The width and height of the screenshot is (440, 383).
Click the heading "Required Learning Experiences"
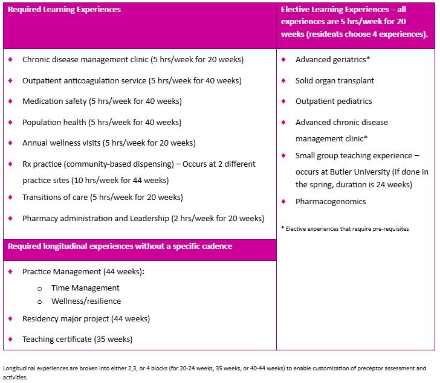tap(64, 10)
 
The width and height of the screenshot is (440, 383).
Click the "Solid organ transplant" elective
tap(334, 80)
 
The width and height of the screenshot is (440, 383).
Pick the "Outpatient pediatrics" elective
tap(334, 101)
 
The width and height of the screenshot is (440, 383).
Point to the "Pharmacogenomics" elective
tap(331, 201)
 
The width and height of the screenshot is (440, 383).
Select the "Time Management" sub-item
tap(85, 288)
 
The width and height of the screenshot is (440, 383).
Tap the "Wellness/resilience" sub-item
tap(86, 301)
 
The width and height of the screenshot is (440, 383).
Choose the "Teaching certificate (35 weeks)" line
tap(77, 339)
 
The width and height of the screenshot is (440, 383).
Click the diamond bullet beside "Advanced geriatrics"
tap(283, 60)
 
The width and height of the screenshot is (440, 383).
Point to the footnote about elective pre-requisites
tap(345, 229)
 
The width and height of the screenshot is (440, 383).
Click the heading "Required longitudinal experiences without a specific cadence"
tap(119, 246)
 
